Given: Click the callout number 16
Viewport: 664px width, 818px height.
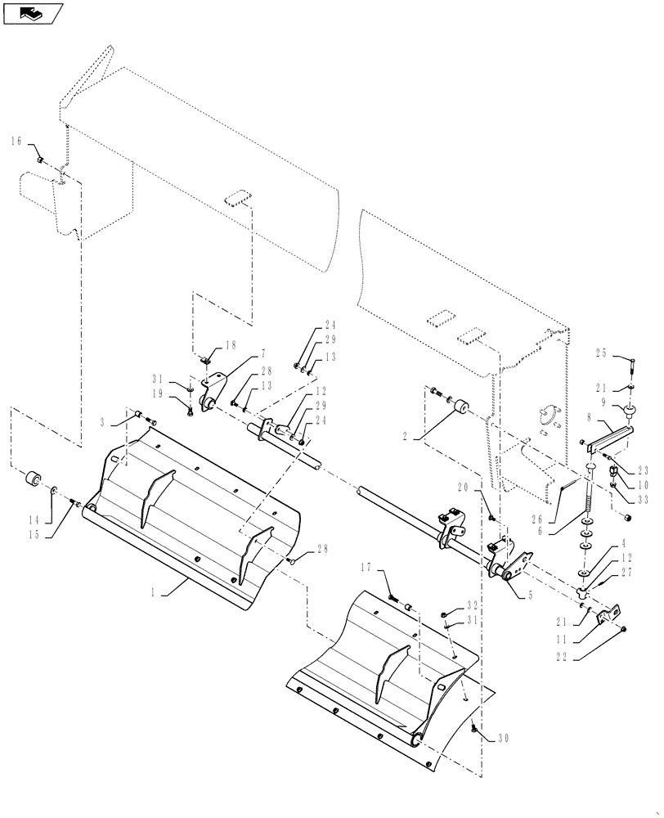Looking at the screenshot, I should pos(16,142).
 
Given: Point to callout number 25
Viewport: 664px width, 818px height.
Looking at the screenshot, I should pos(625,354).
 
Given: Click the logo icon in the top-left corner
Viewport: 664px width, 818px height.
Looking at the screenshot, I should pos(32,13).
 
